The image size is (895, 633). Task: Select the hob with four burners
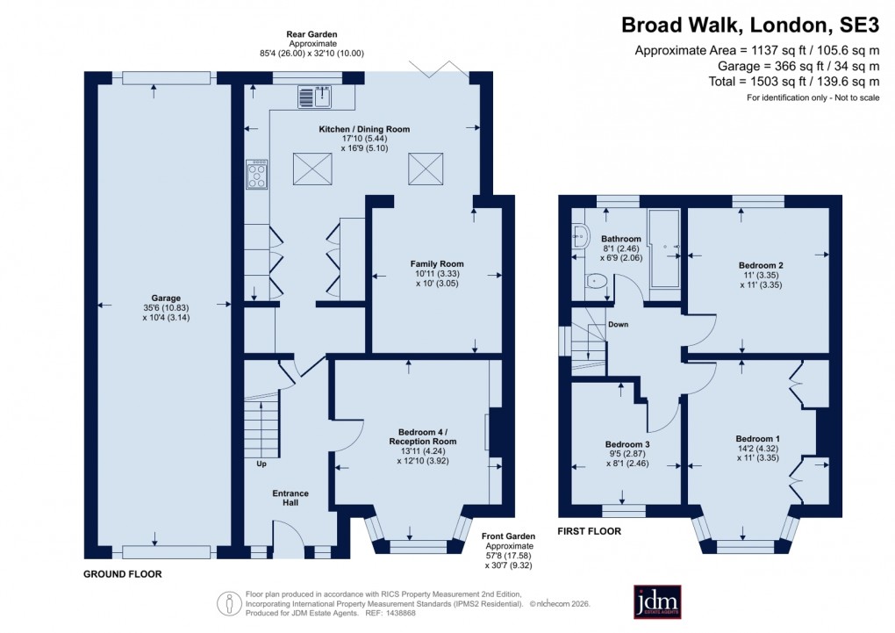click(x=257, y=174)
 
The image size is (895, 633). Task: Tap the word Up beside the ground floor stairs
click(x=261, y=464)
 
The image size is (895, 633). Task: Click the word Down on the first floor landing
click(x=618, y=324)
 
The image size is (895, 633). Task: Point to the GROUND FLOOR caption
click(x=123, y=573)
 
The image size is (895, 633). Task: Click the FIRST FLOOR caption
click(x=590, y=531)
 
